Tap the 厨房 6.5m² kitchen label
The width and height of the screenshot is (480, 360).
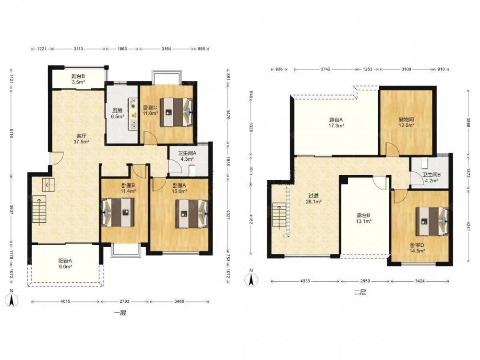click(x=117, y=114)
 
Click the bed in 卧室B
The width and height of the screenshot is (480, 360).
click(x=118, y=213)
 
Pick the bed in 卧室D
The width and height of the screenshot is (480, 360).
click(x=432, y=221)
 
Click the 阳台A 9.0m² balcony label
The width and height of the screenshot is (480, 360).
click(x=65, y=264)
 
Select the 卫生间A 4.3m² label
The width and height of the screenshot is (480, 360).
click(x=187, y=156)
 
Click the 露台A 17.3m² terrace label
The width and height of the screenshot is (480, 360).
click(x=336, y=122)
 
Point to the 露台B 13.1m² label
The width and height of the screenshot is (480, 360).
click(x=364, y=218)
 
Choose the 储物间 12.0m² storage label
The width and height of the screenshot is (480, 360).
click(x=407, y=122)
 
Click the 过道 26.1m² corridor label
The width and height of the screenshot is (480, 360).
click(x=314, y=199)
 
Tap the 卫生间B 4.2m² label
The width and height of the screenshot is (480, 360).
click(x=432, y=178)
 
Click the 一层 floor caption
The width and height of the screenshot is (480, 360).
click(x=120, y=313)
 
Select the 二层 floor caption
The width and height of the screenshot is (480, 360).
click(x=360, y=292)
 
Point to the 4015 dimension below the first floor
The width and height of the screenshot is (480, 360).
click(x=65, y=301)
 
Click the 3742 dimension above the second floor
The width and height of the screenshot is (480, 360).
click(x=325, y=69)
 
